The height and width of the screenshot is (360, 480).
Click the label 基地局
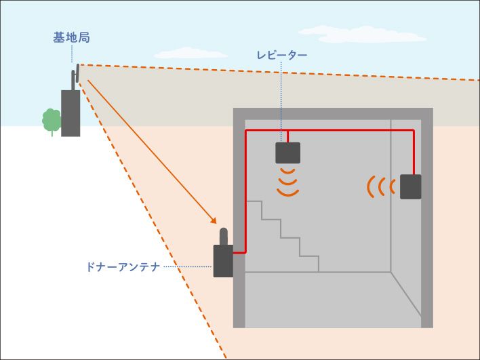pos(71,37)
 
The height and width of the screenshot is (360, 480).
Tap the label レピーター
pos(282,56)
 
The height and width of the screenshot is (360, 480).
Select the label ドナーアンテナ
pos(123,267)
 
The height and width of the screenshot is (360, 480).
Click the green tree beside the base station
pos(52,120)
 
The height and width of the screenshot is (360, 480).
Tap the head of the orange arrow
pos(214,221)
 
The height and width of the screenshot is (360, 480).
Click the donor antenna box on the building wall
pos(223,261)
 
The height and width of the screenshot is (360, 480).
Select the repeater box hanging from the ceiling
pos(287,153)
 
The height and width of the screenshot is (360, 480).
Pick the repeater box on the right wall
pos(410,186)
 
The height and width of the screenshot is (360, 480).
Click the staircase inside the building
pos(285,237)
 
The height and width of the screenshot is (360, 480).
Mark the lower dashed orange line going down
pos(156,224)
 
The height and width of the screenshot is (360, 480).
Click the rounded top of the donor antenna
pos(223,234)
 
